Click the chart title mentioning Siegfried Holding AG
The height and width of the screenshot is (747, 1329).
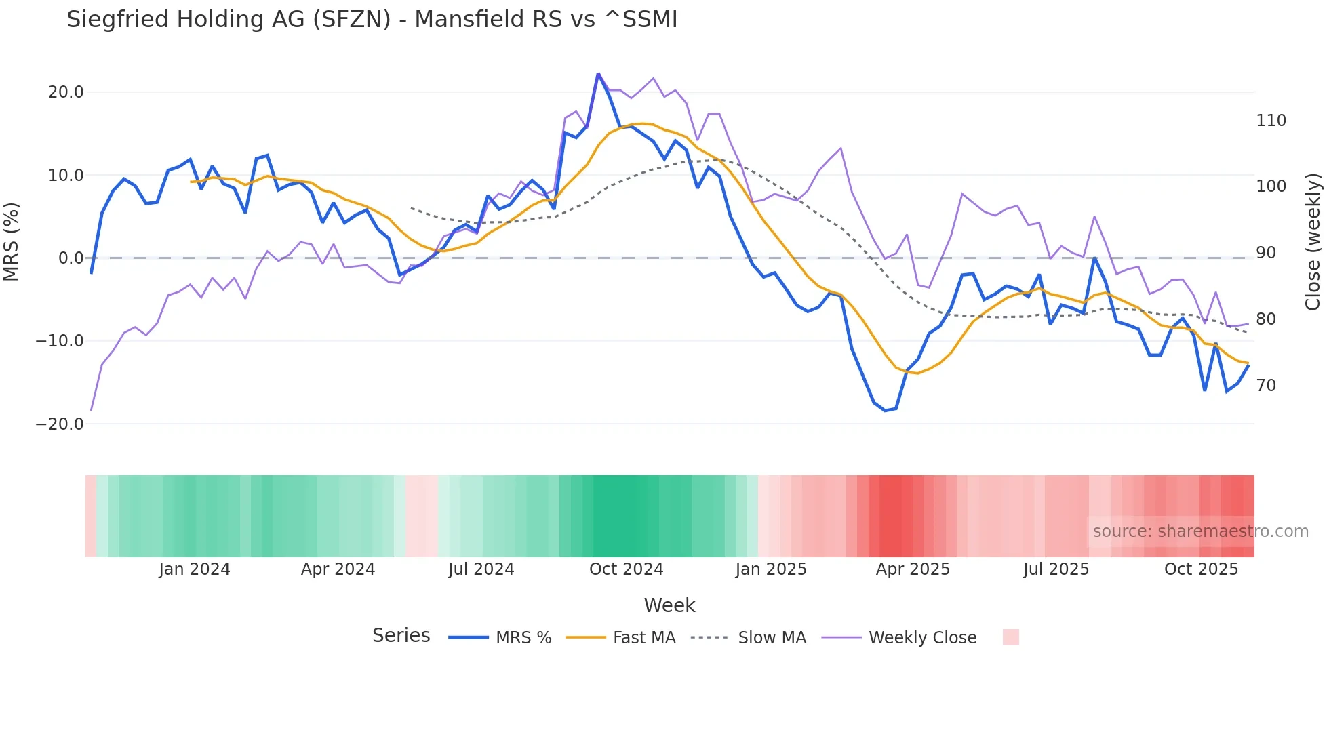pyautogui.click(x=372, y=20)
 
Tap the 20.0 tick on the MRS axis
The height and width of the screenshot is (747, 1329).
pyautogui.click(x=66, y=92)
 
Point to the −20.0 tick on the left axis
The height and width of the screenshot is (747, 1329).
pyautogui.click(x=60, y=424)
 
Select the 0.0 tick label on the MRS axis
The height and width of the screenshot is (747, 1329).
pyautogui.click(x=71, y=258)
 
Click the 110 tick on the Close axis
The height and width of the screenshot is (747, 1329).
pyautogui.click(x=1271, y=121)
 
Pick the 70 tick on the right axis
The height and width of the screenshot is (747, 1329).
pyautogui.click(x=1266, y=386)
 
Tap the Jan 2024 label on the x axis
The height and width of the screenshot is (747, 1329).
pyautogui.click(x=195, y=569)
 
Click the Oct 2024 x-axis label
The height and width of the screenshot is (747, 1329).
pyautogui.click(x=626, y=569)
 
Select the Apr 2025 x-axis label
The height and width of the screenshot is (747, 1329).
pyautogui.click(x=913, y=569)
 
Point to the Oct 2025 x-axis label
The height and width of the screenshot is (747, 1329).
pyautogui.click(x=1201, y=569)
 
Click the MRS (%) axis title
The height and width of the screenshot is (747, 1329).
pyautogui.click(x=12, y=242)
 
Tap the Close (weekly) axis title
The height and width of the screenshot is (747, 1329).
pyautogui.click(x=1313, y=242)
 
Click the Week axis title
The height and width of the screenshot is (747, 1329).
pyautogui.click(x=669, y=605)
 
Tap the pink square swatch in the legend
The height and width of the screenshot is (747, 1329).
pyautogui.click(x=1010, y=637)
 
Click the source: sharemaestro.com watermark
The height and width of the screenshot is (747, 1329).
pyautogui.click(x=1200, y=531)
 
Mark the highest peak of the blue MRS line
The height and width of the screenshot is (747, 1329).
pyautogui.click(x=598, y=73)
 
